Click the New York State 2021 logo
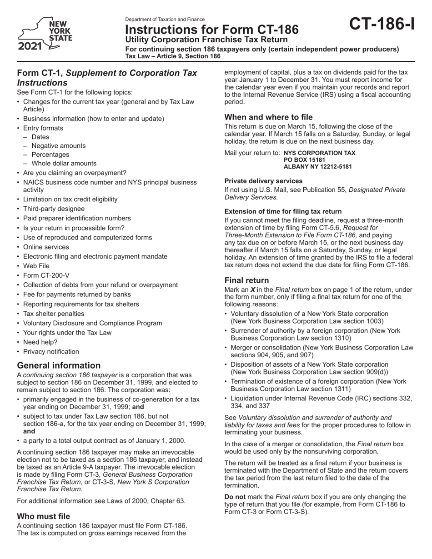click(x=45, y=35)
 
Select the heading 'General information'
click(x=59, y=365)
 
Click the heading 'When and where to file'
click(x=269, y=117)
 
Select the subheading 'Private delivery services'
click(x=263, y=180)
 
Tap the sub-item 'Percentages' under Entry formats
click(x=50, y=155)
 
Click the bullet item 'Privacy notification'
click(x=51, y=351)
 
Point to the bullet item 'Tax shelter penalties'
click(x=54, y=314)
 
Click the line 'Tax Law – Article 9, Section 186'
click(x=173, y=56)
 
